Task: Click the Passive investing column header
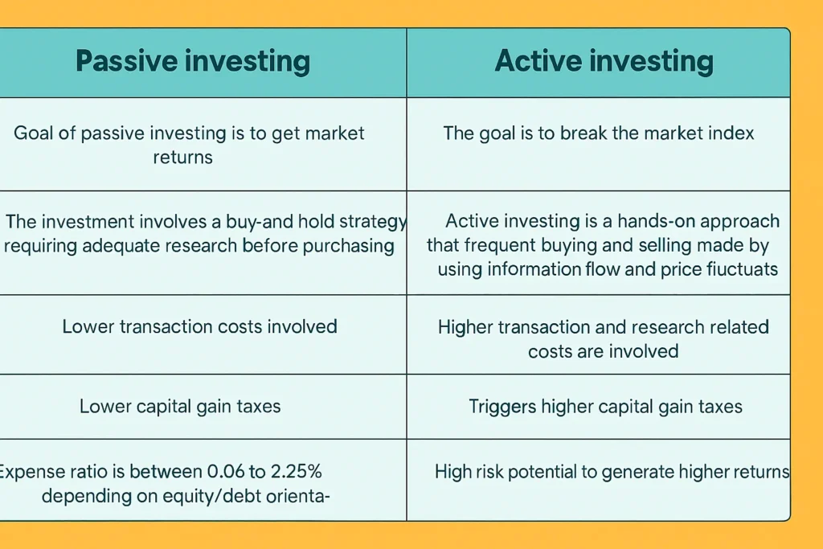(192, 62)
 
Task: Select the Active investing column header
(604, 62)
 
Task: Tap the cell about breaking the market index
(599, 133)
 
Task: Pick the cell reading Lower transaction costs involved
(199, 326)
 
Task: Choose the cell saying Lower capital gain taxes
(180, 406)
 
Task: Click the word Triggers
(502, 406)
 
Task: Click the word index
(730, 133)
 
